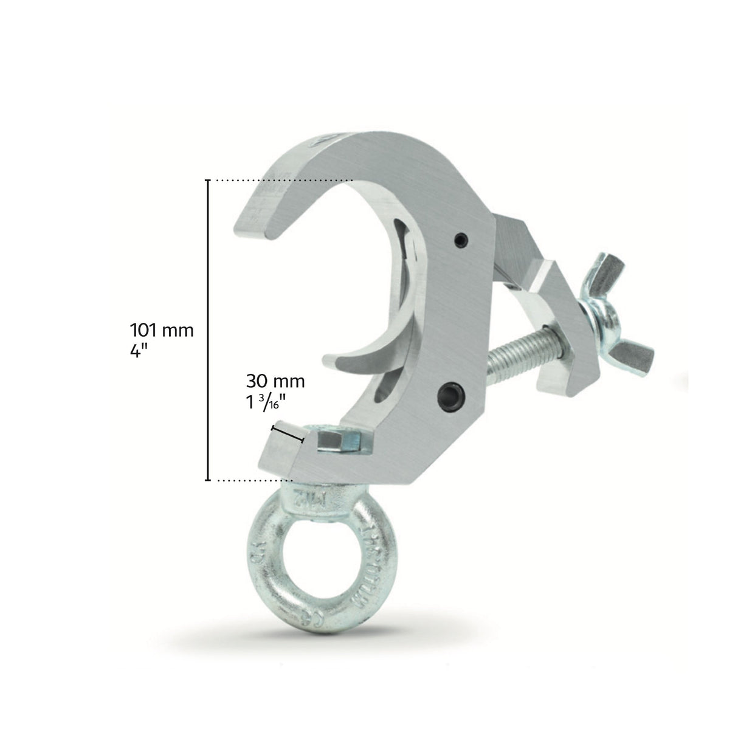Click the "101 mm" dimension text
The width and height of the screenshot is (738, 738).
(161, 331)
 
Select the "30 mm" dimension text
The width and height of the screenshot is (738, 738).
(275, 382)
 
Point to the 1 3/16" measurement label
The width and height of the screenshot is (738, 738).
(275, 402)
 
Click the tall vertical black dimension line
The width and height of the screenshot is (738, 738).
(209, 328)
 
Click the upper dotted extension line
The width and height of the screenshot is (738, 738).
(280, 180)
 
